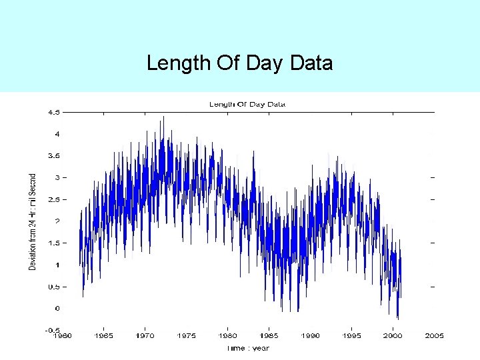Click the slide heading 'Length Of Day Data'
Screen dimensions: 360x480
(239, 64)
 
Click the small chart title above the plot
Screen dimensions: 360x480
(247, 104)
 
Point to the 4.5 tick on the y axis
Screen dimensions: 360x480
(53, 112)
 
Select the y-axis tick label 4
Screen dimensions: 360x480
(57, 134)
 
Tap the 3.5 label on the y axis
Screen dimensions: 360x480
(53, 156)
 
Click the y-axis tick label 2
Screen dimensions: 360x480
(57, 221)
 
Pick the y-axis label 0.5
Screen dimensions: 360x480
(53, 287)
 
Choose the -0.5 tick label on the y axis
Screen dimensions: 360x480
(51, 331)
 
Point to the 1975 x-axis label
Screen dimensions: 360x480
(186, 336)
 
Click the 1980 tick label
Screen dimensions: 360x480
(227, 336)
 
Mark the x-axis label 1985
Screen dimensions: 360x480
(269, 336)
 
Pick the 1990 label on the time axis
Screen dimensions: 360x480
(311, 336)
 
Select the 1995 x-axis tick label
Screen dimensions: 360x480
(352, 336)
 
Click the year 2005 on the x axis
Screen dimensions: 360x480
(435, 336)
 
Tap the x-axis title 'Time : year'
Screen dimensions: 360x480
(247, 348)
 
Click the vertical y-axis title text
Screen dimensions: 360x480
(33, 221)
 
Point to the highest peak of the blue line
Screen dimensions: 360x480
(163, 117)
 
